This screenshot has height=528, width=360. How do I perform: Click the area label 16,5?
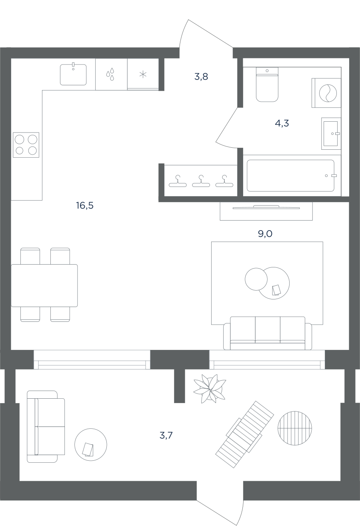(85, 205)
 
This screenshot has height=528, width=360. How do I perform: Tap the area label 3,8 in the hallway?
(201, 76)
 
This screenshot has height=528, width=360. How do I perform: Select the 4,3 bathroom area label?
(282, 123)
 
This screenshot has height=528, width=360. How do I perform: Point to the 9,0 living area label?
(265, 234)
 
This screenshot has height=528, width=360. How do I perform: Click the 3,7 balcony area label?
(166, 435)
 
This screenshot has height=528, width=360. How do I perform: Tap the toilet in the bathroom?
(267, 84)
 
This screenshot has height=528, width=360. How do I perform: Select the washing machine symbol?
(326, 93)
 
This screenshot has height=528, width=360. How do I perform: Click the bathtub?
(291, 176)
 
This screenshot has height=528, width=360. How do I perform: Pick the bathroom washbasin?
(331, 133)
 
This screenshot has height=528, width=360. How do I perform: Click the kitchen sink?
(73, 74)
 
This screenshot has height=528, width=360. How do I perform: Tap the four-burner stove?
(26, 145)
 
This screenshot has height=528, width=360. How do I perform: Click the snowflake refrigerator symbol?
(143, 74)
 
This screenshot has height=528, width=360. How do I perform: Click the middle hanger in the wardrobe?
(201, 181)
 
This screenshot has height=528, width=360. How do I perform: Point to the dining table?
(44, 285)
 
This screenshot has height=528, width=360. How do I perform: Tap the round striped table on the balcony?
(295, 428)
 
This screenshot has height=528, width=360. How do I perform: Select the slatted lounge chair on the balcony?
(245, 434)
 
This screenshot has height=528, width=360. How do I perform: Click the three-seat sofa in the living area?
(268, 333)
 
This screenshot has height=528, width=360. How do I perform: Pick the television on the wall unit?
(266, 207)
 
